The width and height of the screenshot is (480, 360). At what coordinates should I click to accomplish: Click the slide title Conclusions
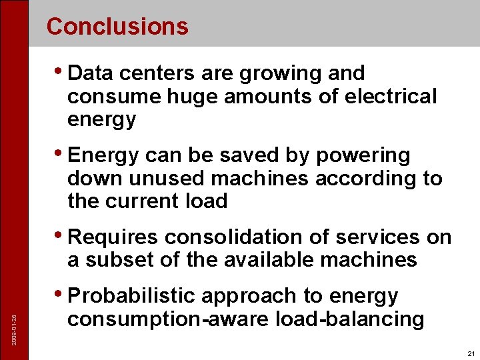click(x=117, y=27)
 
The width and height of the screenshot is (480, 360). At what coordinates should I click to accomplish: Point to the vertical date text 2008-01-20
click(x=15, y=311)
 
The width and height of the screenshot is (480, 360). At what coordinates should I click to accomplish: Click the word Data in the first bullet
click(x=89, y=73)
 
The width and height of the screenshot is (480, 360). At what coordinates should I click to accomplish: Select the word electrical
click(x=391, y=97)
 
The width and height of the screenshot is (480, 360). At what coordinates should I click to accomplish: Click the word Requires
click(x=113, y=237)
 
